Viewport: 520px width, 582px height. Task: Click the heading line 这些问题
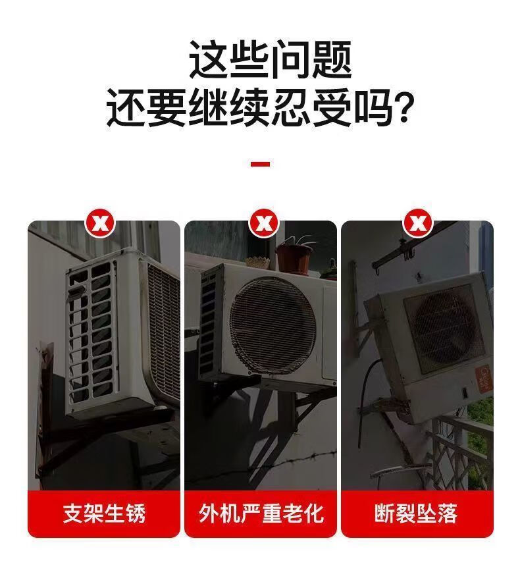[x=271, y=60]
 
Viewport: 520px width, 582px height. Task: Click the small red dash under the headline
[x=260, y=164]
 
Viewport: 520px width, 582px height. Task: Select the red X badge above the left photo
[x=101, y=223]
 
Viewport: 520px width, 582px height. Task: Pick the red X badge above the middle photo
[x=264, y=223]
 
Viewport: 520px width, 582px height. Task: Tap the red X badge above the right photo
[x=418, y=223]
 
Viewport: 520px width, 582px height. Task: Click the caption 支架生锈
[x=104, y=514]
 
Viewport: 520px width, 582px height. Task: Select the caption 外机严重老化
[x=261, y=514]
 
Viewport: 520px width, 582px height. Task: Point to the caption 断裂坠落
[x=416, y=514]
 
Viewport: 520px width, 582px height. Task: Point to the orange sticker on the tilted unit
[x=484, y=379]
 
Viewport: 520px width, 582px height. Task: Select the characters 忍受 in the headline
[x=311, y=109]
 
